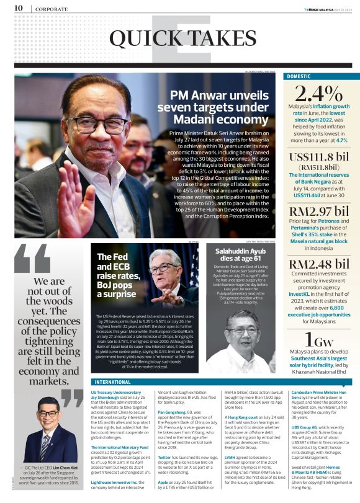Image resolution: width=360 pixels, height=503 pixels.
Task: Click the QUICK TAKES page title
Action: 179,38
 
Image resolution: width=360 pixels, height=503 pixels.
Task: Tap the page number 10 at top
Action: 18,7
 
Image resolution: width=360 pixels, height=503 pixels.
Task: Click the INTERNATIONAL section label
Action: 113,382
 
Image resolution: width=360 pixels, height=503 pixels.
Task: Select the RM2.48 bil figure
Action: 318,264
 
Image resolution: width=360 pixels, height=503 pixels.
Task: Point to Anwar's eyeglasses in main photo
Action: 93,123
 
